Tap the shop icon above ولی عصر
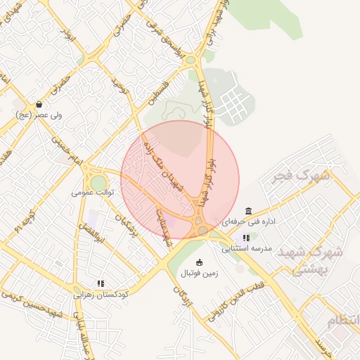pyautogui.click(x=39, y=104)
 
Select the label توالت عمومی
pyautogui.click(x=91, y=191)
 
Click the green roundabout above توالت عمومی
pyautogui.click(x=98, y=181)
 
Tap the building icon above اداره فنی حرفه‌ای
pyautogui.click(x=248, y=211)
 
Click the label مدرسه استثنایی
pyautogui.click(x=246, y=248)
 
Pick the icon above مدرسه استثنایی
pyautogui.click(x=246, y=238)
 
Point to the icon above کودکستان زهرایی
pyautogui.click(x=101, y=284)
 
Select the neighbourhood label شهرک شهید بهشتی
pyautogui.click(x=314, y=260)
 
